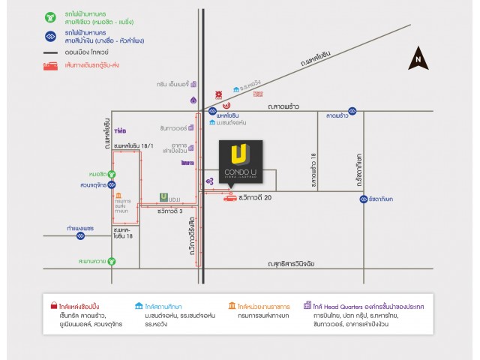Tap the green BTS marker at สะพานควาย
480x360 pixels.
click(112, 261)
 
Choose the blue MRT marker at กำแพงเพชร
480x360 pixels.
click(80, 235)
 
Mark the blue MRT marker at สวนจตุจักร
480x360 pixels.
click(112, 183)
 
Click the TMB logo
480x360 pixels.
click(121, 130)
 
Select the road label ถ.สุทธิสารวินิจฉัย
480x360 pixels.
click(301, 265)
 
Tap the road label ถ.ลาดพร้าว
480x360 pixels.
click(283, 107)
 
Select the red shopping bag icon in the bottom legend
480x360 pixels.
click(53, 306)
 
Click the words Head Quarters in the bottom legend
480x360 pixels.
click(344, 306)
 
